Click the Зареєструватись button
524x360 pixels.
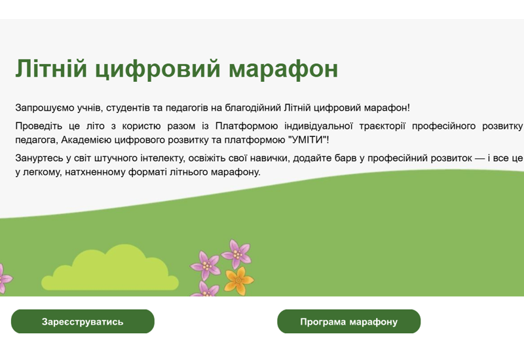pos(83,321)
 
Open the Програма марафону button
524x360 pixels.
pos(348,321)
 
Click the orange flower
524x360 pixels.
pos(238,279)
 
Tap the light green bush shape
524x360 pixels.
pos(115,270)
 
